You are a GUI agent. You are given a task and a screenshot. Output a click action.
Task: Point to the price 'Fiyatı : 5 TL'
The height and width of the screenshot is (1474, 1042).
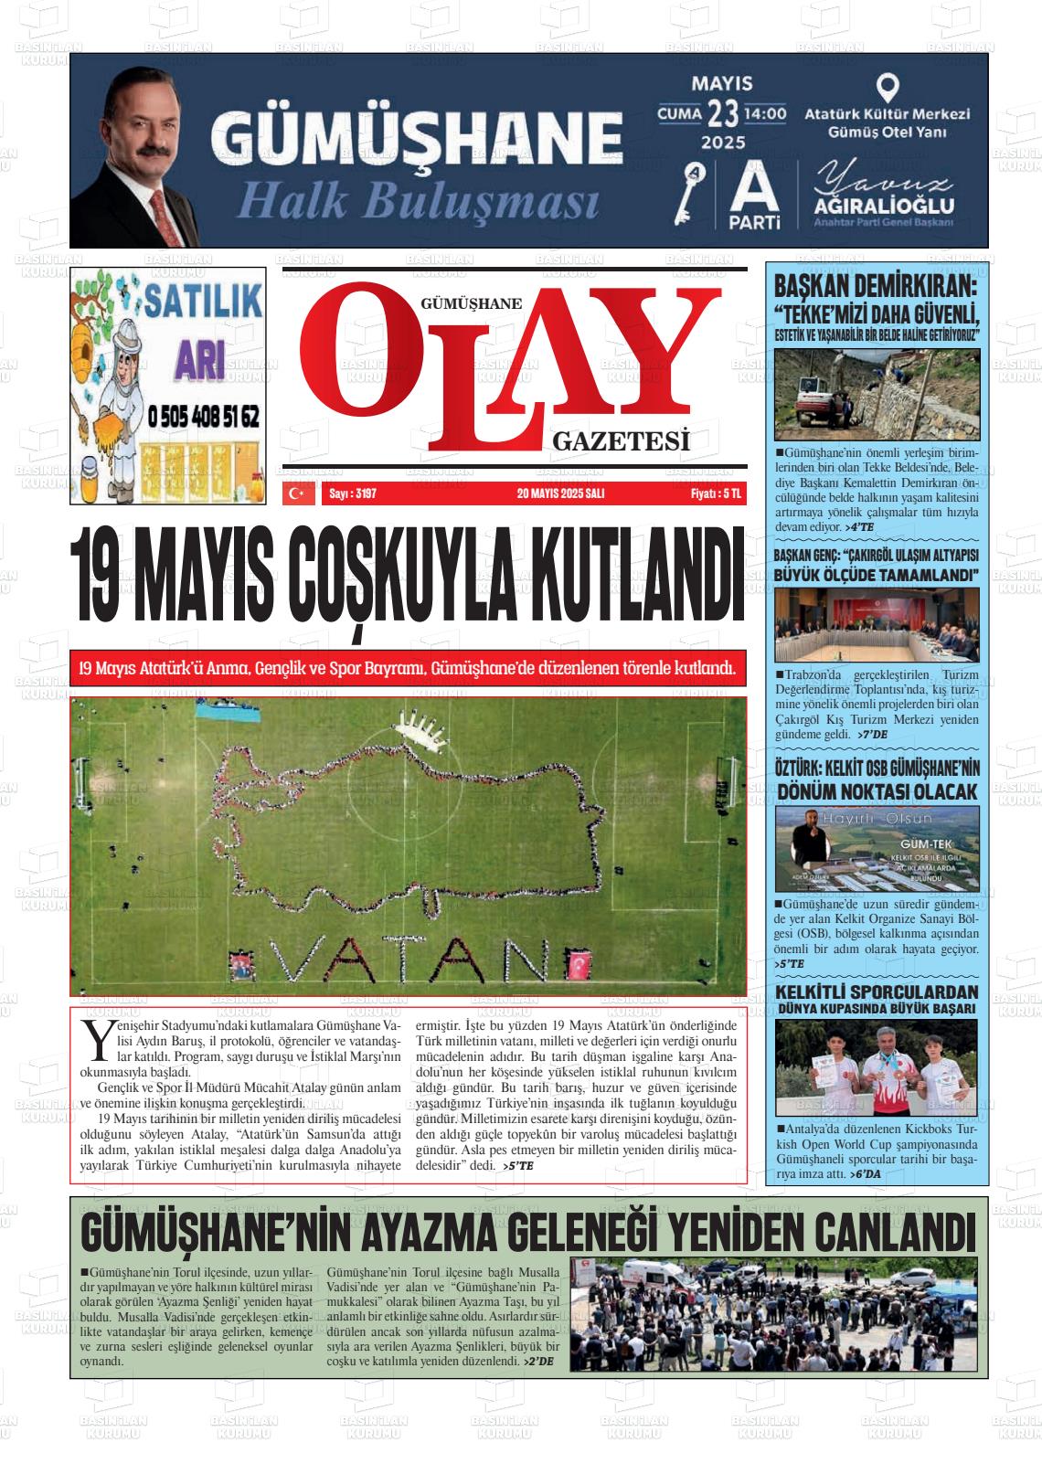(716, 493)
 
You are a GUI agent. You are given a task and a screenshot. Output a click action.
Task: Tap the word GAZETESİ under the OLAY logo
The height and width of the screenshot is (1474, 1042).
(621, 443)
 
